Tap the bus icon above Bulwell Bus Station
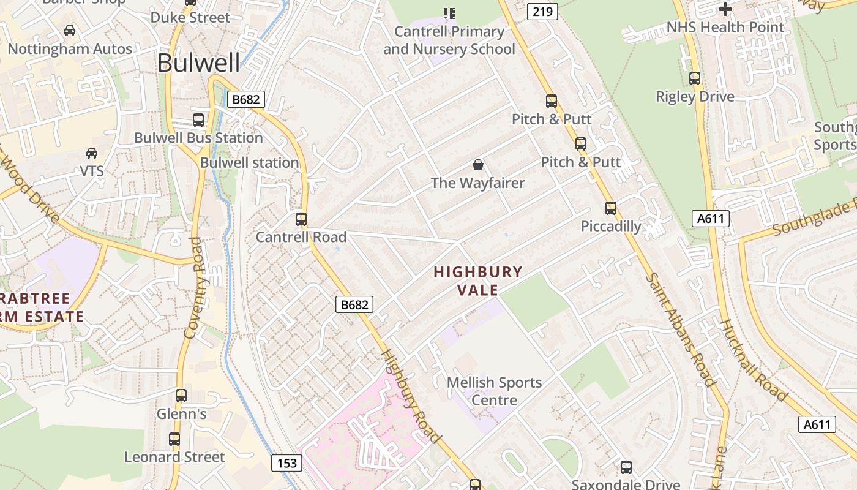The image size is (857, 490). point(198,120)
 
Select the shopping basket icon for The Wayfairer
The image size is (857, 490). point(478,165)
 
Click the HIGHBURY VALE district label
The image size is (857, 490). point(478,280)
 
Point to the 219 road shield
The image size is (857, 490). point(542,11)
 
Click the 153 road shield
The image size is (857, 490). point(287,462)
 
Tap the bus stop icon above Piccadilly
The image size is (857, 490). point(611,208)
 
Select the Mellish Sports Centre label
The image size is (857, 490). point(494,391)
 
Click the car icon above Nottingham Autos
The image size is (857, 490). point(70,31)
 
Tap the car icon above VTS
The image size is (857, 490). point(92,153)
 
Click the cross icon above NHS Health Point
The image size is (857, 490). point(725,9)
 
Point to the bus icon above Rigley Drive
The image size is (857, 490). point(695,78)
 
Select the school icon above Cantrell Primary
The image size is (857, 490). point(449,13)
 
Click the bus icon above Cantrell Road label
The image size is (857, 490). point(301,219)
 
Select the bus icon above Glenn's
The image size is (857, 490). point(181,396)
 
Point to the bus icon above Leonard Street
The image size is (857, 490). point(174,439)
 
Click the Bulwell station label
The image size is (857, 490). point(249,163)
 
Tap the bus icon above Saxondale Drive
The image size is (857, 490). point(626,467)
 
